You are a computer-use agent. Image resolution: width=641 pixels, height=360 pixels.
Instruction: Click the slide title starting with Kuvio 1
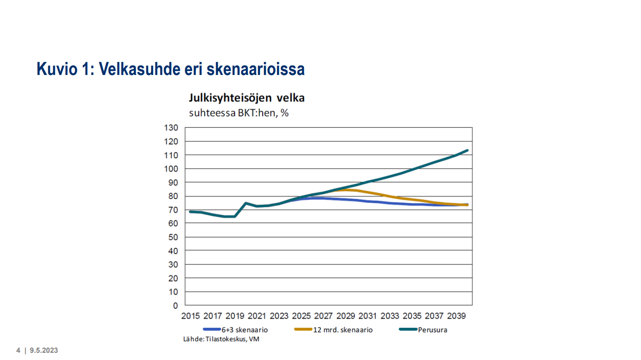click(170, 69)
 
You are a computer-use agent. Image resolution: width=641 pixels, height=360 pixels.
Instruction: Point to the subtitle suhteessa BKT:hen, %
click(239, 113)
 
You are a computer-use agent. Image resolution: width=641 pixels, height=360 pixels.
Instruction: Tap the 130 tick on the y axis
click(172, 128)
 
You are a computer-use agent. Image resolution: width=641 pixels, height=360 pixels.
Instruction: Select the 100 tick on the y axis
click(172, 169)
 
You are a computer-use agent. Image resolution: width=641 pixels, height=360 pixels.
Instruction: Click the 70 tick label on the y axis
click(174, 210)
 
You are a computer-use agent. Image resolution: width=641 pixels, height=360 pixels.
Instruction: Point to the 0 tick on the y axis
click(176, 306)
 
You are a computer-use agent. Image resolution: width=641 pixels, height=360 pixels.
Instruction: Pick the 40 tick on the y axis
click(174, 251)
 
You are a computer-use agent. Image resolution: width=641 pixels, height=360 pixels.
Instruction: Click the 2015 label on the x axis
click(190, 316)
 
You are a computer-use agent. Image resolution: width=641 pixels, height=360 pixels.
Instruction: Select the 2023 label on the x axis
click(279, 316)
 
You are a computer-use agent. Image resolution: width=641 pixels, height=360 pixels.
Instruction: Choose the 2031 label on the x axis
click(368, 316)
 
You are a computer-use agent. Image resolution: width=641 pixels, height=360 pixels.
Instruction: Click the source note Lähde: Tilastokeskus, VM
click(221, 339)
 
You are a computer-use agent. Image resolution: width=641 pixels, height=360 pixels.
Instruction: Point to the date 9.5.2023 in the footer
click(44, 351)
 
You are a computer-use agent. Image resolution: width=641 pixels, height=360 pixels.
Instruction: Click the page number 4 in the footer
click(19, 351)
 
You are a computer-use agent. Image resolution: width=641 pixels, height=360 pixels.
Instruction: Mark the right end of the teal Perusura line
click(467, 150)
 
